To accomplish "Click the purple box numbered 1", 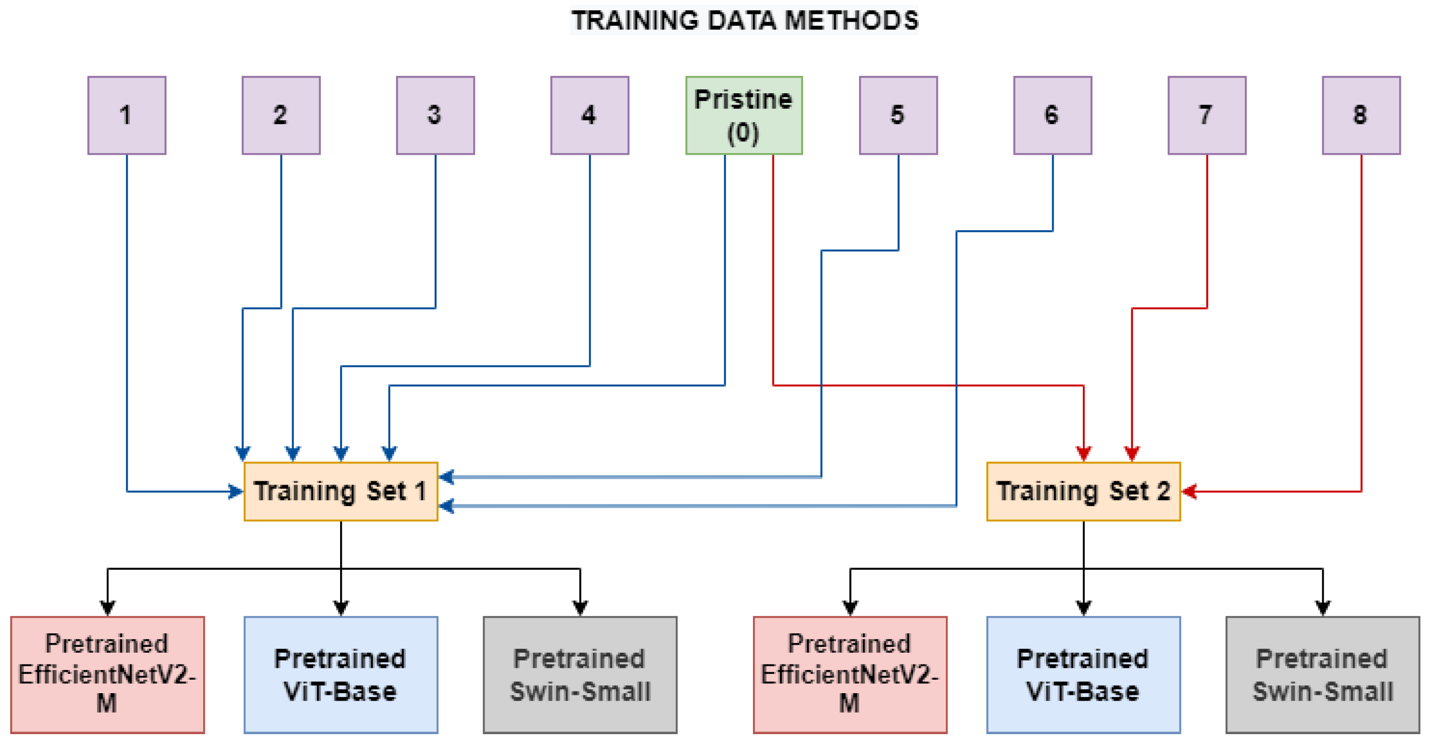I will pyautogui.click(x=127, y=115).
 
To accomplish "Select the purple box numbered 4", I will pyautogui.click(x=590, y=115).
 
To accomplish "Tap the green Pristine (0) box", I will pyautogui.click(x=744, y=115).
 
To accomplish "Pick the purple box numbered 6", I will pyautogui.click(x=1052, y=115).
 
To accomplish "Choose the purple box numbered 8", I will pyautogui.click(x=1361, y=115).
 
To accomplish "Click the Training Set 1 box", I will pyautogui.click(x=341, y=492).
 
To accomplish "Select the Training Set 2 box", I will pyautogui.click(x=1083, y=492).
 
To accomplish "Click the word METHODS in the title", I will pyautogui.click(x=851, y=20).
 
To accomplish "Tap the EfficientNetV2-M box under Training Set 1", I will pyautogui.click(x=107, y=674).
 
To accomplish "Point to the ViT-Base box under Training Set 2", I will pyautogui.click(x=1083, y=674).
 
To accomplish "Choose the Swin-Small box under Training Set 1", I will pyautogui.click(x=580, y=674).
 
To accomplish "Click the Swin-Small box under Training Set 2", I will pyautogui.click(x=1323, y=674).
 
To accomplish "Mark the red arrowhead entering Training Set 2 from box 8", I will pyautogui.click(x=1189, y=492).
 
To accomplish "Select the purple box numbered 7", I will pyautogui.click(x=1207, y=115).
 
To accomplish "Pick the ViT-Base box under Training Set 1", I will pyautogui.click(x=341, y=674).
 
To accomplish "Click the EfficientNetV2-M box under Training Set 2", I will pyautogui.click(x=850, y=674).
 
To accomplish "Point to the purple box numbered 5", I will pyautogui.click(x=898, y=115).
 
